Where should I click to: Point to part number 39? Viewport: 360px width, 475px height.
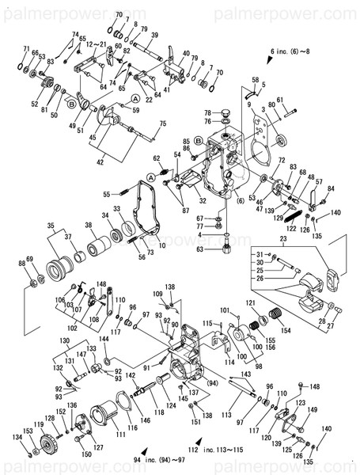point(153,35)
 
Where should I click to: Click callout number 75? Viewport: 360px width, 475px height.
point(163,123)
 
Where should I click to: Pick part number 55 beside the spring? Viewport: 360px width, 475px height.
point(105,194)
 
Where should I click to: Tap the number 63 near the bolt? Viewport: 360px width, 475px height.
point(202,249)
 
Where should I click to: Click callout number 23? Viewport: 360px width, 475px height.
point(281,238)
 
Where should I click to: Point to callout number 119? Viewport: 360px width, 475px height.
point(37,425)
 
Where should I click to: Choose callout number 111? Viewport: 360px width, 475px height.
point(98,435)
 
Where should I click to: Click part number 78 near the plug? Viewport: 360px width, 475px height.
point(207,112)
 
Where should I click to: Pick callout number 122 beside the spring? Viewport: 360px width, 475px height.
point(292,228)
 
